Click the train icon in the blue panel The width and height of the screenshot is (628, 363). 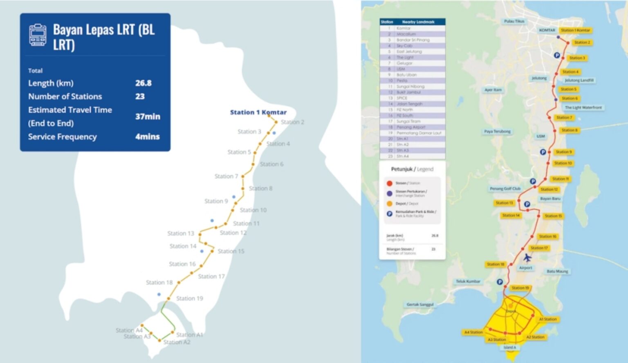[x=38, y=35]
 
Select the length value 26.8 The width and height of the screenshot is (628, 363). [x=143, y=83]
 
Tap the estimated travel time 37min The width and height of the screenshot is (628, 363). [x=148, y=117]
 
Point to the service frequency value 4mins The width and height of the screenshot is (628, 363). [x=147, y=137]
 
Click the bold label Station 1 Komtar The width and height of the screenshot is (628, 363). [x=258, y=112]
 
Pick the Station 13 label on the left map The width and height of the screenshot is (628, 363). [x=180, y=233]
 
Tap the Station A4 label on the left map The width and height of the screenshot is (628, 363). [x=129, y=330]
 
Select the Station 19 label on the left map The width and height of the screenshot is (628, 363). [x=189, y=298]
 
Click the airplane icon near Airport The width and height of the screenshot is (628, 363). [x=527, y=258]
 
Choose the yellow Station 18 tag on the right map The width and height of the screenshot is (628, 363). [x=496, y=264]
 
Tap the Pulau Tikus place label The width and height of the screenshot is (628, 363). [x=514, y=21]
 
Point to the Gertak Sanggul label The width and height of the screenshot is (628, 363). [x=420, y=305]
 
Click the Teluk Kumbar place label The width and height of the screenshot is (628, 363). [x=468, y=281]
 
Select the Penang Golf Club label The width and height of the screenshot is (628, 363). [x=505, y=188]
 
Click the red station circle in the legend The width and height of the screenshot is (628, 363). [x=389, y=183]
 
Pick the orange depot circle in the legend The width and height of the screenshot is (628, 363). [x=389, y=204]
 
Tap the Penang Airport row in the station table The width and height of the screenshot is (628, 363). [x=410, y=127]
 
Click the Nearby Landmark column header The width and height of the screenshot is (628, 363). [x=418, y=22]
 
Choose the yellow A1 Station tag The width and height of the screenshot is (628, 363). [x=547, y=319]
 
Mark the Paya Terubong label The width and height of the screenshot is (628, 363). [x=497, y=132]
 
